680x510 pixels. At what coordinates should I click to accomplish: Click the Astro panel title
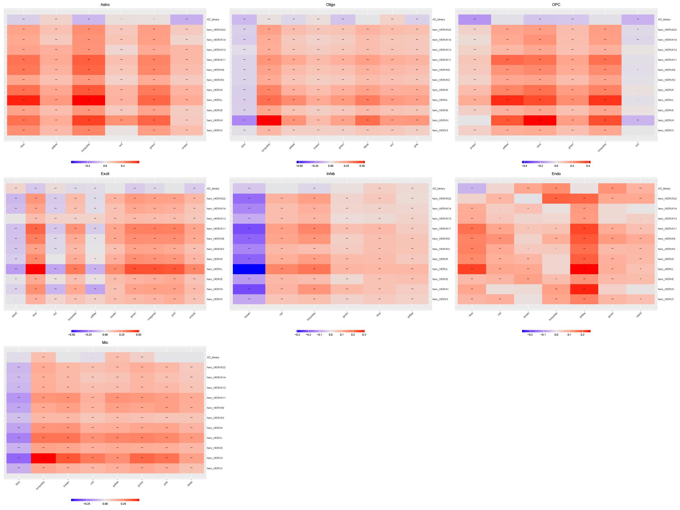tap(105, 5)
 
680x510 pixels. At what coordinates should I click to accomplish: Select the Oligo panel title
tap(331, 5)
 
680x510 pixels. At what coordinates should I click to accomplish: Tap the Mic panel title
tap(105, 342)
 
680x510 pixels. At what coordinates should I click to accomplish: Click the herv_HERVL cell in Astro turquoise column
tap(89, 100)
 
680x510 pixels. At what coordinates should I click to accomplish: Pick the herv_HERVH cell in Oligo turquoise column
tap(269, 120)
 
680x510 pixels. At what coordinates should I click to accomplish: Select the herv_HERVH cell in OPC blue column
tap(540, 120)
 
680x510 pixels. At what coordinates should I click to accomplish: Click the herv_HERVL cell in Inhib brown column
tap(249, 269)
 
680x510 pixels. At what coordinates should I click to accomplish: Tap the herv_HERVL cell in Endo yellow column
tap(584, 269)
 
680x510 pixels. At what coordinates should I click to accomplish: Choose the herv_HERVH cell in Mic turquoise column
tap(43, 458)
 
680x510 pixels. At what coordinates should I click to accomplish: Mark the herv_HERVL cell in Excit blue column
tap(36, 269)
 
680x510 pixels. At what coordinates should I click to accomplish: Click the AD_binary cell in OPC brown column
tap(474, 19)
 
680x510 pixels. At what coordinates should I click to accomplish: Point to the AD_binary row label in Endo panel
tap(664, 188)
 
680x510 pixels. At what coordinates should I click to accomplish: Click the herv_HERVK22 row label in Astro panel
tap(216, 30)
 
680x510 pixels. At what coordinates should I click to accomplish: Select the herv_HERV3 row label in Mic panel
tap(214, 468)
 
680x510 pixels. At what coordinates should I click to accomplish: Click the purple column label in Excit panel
tap(193, 316)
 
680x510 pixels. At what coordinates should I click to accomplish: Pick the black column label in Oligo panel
tap(366, 146)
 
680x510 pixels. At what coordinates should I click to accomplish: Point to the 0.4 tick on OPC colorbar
tap(588, 166)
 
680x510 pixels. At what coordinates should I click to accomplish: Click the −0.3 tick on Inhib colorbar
tap(297, 334)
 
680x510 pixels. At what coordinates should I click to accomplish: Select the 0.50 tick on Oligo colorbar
tap(362, 166)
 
